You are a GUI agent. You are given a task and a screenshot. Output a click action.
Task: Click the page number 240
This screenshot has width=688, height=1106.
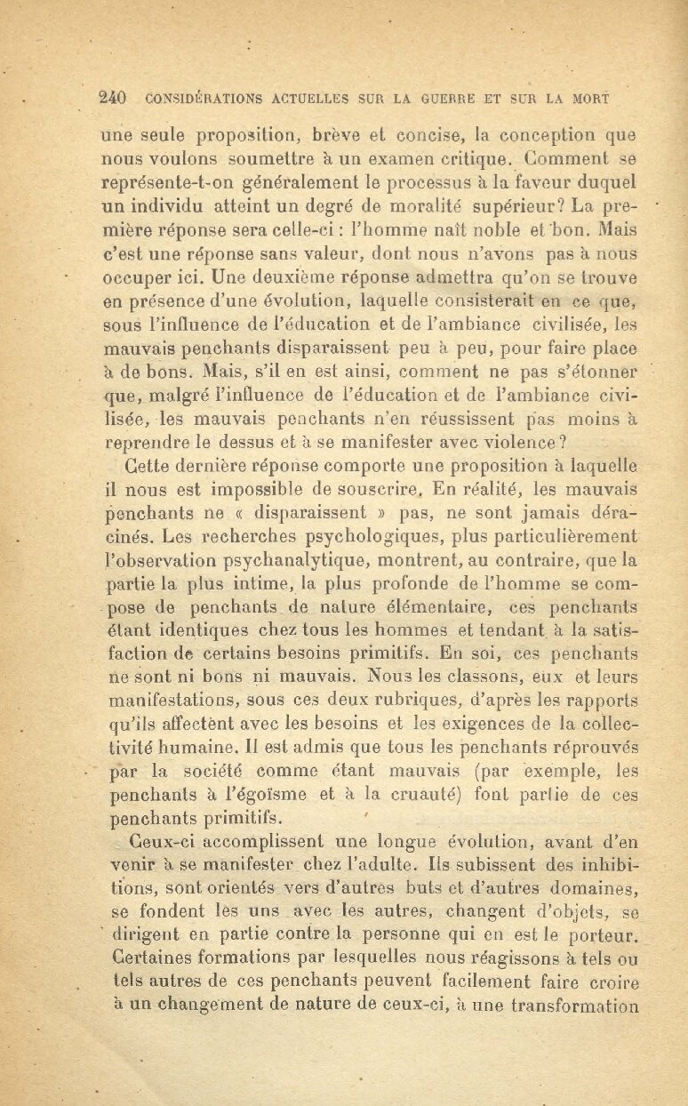click(x=115, y=98)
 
